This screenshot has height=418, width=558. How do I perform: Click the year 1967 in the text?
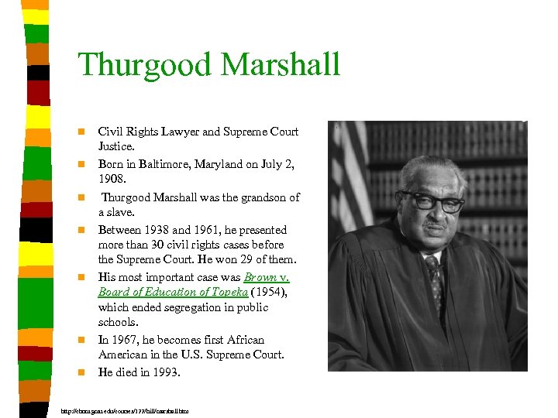click(125, 340)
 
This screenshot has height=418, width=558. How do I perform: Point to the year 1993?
click(164, 372)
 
